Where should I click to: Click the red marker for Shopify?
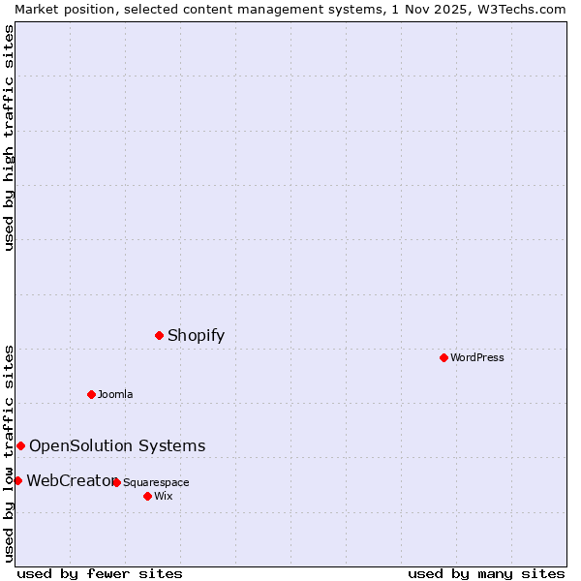point(160,335)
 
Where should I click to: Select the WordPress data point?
point(443,357)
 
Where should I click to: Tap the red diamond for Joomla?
point(92,394)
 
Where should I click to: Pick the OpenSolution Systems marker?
point(21,445)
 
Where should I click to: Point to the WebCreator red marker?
point(18,480)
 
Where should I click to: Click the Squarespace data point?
point(116,482)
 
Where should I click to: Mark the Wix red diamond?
point(147,496)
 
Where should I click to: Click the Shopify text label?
point(196,336)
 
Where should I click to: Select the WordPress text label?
point(477,357)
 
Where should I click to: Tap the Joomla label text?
point(115,394)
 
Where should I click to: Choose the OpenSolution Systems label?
point(117,445)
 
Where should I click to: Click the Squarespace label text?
point(156,482)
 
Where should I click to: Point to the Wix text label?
point(163,496)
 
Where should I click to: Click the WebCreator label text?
point(70,480)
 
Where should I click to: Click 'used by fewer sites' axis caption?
point(100,573)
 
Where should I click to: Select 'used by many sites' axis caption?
point(486,573)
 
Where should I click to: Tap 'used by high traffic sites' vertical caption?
point(9,138)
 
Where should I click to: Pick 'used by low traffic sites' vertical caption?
point(9,452)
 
